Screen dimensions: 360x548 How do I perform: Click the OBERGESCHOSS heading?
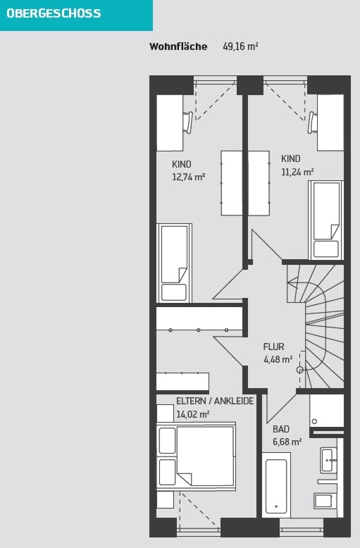pos(54,13)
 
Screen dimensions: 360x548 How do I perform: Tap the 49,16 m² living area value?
pos(240,46)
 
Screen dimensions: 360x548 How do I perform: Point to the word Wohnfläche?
pos(178,46)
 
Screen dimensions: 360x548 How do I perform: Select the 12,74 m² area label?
pos(188,177)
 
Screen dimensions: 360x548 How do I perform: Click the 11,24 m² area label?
pos(297,172)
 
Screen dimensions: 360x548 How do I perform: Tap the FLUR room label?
pos(273,347)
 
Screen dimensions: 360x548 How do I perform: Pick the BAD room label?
pos(281,429)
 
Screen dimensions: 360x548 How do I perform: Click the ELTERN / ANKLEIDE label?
pos(215,401)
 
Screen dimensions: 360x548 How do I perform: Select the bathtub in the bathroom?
pos(276,485)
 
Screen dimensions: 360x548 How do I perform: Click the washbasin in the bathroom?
pos(328,459)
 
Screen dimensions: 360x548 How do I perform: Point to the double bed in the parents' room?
pos(196,456)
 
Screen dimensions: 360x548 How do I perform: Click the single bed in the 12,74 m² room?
pos(174,263)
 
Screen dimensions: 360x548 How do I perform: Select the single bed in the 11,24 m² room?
pos(325,220)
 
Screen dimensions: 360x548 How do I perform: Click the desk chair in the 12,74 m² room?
pos(187,123)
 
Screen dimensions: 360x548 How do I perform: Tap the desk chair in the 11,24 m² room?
pos(313,123)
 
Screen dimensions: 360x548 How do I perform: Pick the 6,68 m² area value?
pos(287,442)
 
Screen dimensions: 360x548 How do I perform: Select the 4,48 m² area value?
pos(278,360)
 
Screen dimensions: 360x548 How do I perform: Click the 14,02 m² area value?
pos(193,414)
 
